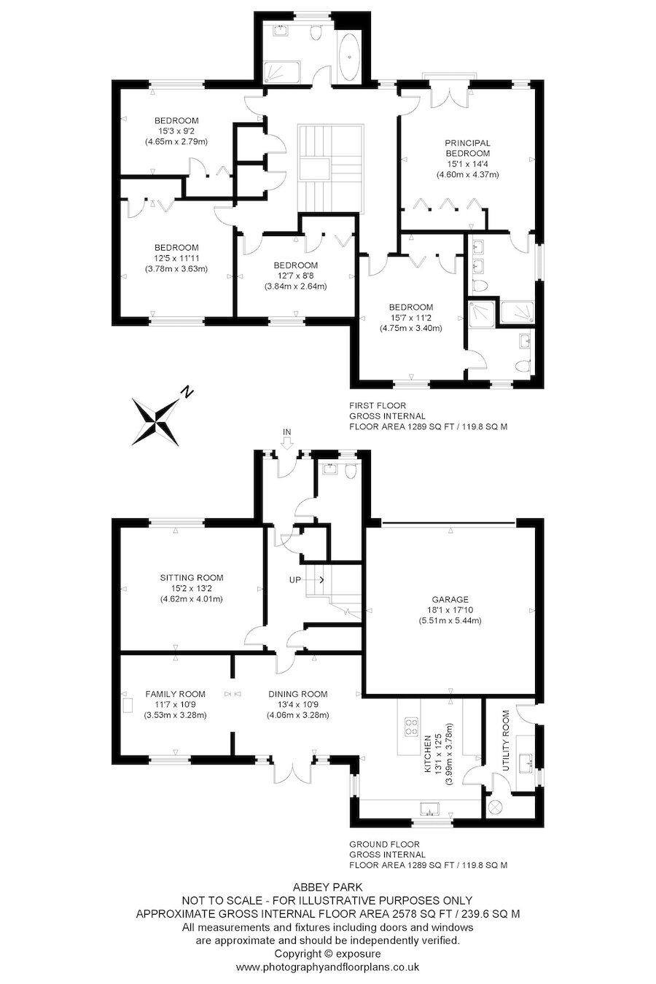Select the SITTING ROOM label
(192, 577)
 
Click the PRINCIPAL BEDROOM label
(467, 148)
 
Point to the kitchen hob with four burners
(410, 728)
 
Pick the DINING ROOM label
(297, 694)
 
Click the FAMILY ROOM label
(175, 694)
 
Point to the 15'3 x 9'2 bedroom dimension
(176, 131)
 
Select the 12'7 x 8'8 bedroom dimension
(295, 276)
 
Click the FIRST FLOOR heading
(378, 406)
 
